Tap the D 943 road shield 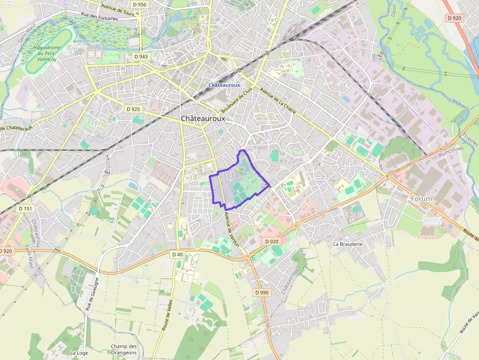[141, 57]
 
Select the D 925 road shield [132, 109]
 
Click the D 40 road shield [177, 254]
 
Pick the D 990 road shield [262, 293]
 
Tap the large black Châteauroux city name [203, 119]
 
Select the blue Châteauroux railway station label [224, 85]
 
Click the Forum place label [421, 199]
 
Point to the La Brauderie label [348, 243]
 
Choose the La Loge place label [79, 352]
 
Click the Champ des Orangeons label [124, 349]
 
